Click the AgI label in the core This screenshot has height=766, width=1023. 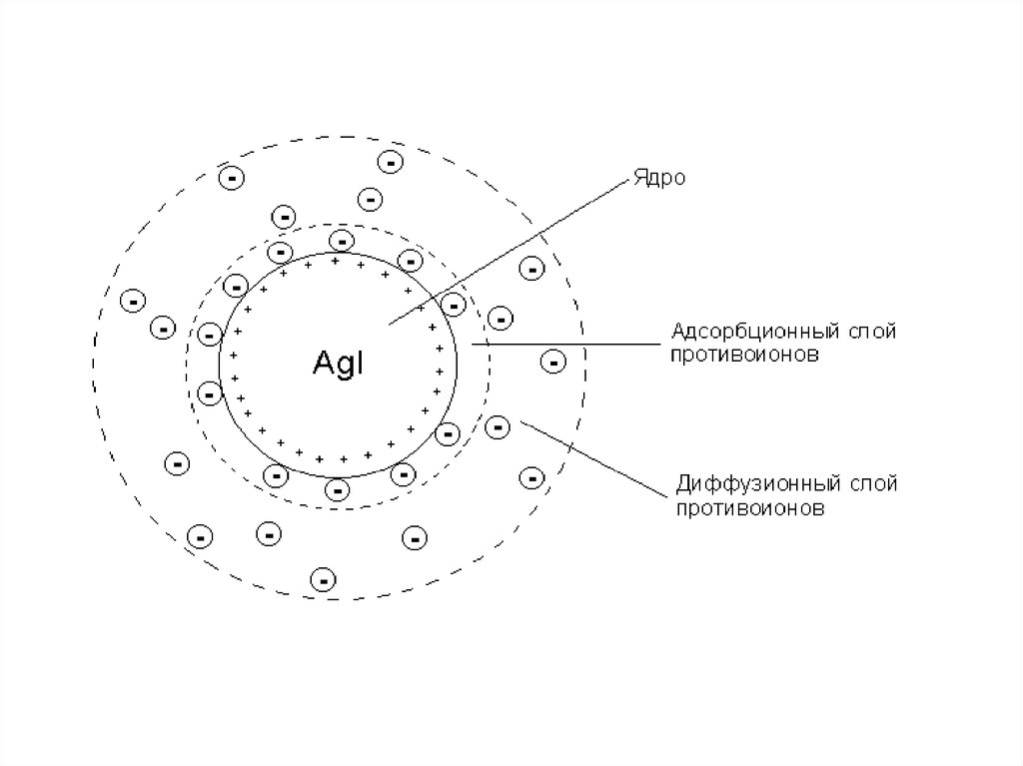point(338,363)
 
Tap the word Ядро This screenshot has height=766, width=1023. point(659,178)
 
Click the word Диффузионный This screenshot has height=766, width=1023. point(759,484)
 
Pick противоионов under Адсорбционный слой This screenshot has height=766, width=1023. point(744,356)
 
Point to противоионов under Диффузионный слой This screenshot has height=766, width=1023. point(749,508)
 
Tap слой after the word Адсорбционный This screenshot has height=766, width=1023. point(872,332)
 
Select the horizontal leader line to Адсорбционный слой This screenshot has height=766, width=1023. point(566,344)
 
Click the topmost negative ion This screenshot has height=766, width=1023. point(391,161)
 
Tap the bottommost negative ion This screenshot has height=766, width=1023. point(323,579)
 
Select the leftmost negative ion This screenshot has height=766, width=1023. point(133,301)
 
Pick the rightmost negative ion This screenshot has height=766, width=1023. point(553,362)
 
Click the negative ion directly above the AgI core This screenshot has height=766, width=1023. point(342,241)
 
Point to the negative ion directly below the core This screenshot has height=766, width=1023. point(337,488)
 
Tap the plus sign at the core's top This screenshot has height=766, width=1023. point(336,262)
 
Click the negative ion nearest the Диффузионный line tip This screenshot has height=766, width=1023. point(498,427)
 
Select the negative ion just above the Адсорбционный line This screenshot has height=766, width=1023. point(501,319)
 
